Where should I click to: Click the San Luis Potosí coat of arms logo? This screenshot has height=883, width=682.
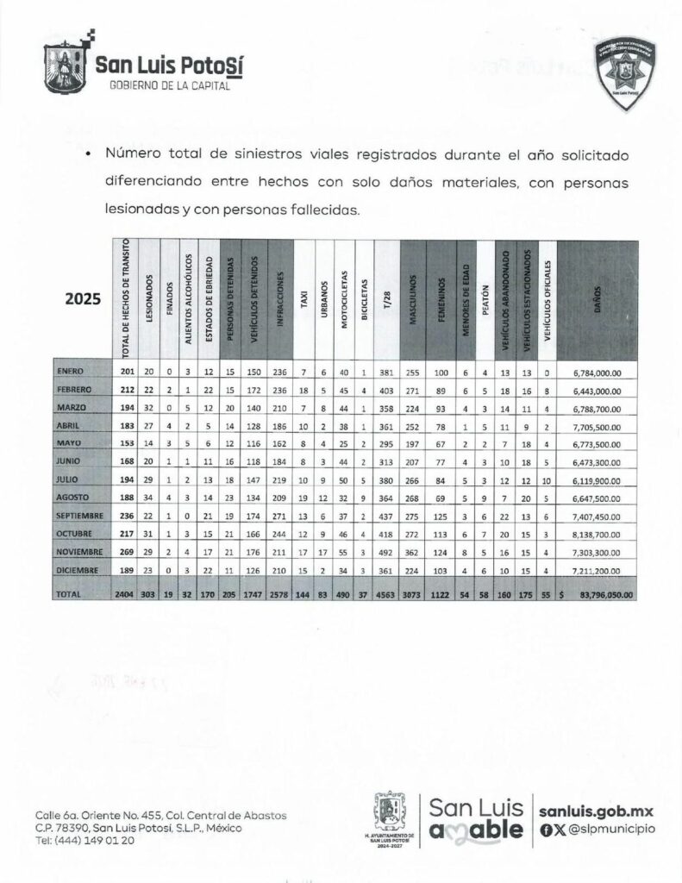66,63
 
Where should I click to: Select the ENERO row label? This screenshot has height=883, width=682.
71,372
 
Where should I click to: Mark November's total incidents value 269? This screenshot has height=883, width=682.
126,553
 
